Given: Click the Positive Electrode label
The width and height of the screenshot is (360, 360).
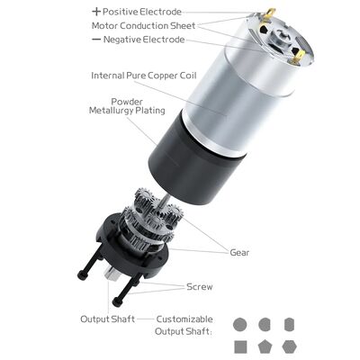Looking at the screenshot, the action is tap(142, 12).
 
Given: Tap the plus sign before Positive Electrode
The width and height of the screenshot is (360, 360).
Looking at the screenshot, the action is tap(96, 12).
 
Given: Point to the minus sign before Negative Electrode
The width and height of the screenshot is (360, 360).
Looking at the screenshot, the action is tap(96, 40).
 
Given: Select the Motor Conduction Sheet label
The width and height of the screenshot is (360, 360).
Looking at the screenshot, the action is tap(143, 25).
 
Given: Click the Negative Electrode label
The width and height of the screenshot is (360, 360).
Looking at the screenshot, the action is tap(144, 40).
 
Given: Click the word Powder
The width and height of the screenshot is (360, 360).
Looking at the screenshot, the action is tap(127, 102).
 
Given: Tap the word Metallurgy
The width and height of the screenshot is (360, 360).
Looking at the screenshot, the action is tap(111, 111).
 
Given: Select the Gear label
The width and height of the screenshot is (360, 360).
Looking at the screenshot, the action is tap(239, 253).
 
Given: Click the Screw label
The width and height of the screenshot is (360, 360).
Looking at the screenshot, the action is tap(200, 287).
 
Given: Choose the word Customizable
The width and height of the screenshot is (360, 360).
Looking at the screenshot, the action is tap(184, 319).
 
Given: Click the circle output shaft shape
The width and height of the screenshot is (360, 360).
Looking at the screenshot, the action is tap(240, 324).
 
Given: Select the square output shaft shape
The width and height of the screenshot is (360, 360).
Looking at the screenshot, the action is tap(240, 346).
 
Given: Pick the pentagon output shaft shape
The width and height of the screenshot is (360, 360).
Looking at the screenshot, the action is tap(265, 347).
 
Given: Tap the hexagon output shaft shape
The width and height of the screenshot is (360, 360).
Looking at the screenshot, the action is tap(290, 346).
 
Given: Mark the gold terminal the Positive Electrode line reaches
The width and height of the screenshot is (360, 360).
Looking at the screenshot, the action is tap(270, 13).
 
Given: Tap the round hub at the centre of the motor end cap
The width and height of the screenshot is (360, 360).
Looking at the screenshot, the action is tap(280, 38).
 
